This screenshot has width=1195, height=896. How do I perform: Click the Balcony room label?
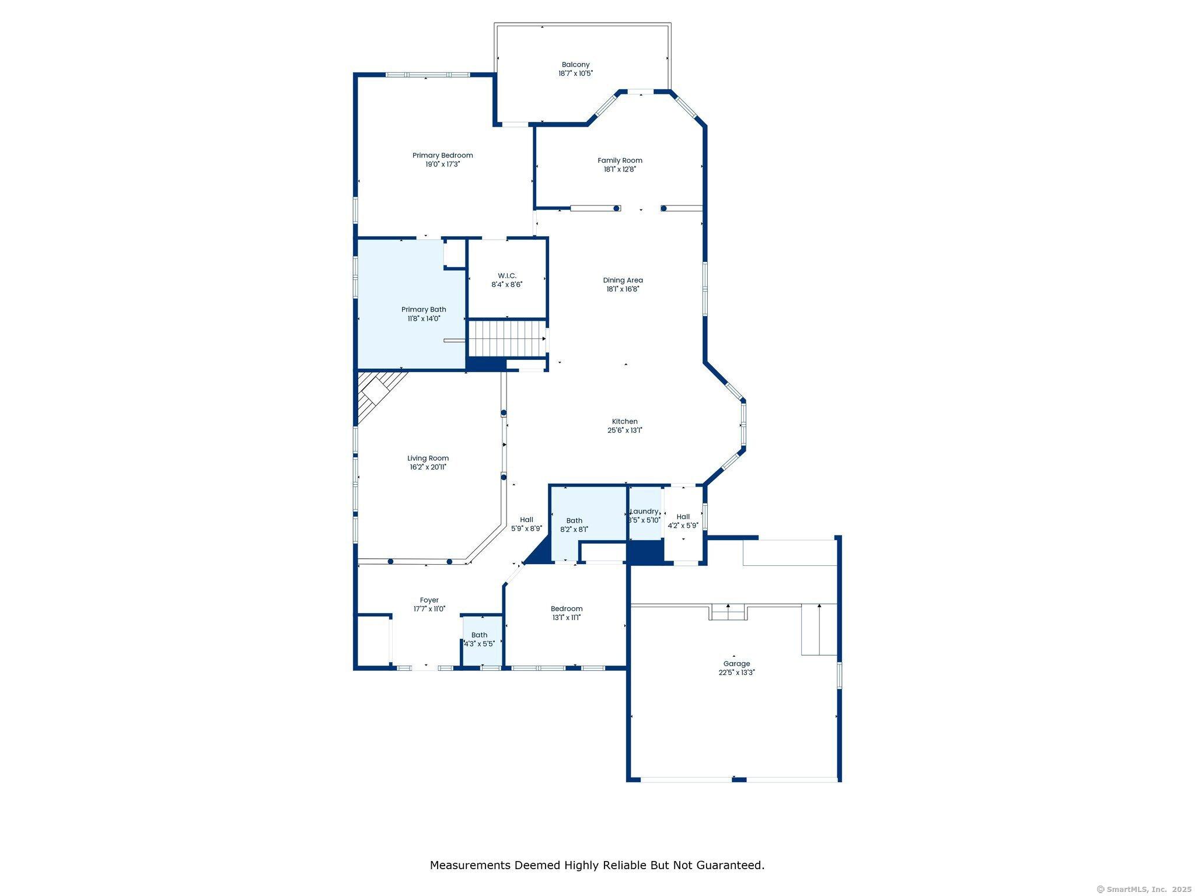pos(575,65)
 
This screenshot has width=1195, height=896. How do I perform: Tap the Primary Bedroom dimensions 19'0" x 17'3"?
pos(442,164)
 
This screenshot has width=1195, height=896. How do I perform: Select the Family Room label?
pos(620,160)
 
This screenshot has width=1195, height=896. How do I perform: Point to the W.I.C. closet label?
pos(506,276)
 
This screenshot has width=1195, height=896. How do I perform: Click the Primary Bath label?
pos(424,310)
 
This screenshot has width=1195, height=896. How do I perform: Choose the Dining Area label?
pos(623,281)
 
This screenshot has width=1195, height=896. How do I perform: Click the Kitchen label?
pos(624,422)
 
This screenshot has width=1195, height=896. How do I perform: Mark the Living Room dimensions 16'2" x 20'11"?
pos(428,467)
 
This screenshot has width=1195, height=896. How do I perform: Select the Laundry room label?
pos(645,512)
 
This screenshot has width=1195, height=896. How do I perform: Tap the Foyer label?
pos(429,600)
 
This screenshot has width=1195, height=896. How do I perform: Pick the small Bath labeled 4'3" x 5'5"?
pos(479,639)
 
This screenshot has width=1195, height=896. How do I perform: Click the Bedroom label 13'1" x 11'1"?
pos(566,609)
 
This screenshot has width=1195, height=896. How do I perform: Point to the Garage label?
pos(736,664)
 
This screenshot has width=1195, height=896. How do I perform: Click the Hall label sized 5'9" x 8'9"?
pos(526,520)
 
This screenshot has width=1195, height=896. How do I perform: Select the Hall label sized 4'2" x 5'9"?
pos(683,517)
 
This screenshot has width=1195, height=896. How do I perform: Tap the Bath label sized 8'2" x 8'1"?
pos(574,521)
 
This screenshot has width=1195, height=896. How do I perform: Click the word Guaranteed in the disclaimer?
pos(730,865)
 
